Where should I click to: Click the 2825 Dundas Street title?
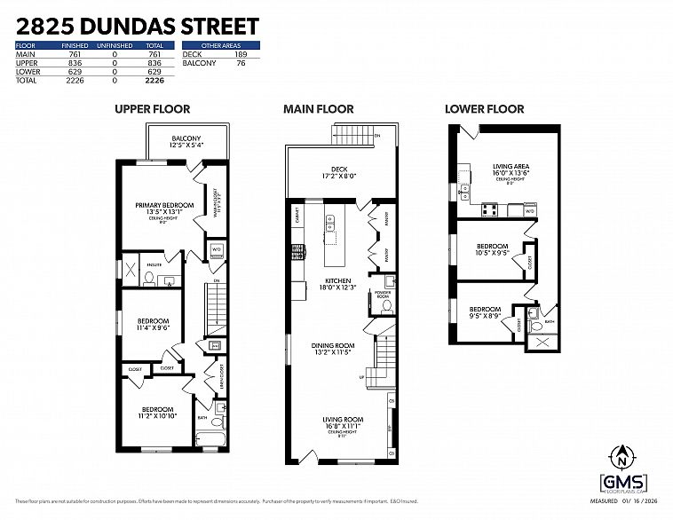click(138, 26)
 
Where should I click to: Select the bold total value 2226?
click(156, 79)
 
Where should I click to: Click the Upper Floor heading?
click(152, 109)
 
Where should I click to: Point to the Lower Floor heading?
click(484, 109)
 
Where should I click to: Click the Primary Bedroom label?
click(164, 205)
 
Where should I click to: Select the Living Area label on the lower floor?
click(511, 168)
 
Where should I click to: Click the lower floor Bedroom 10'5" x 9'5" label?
click(492, 248)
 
